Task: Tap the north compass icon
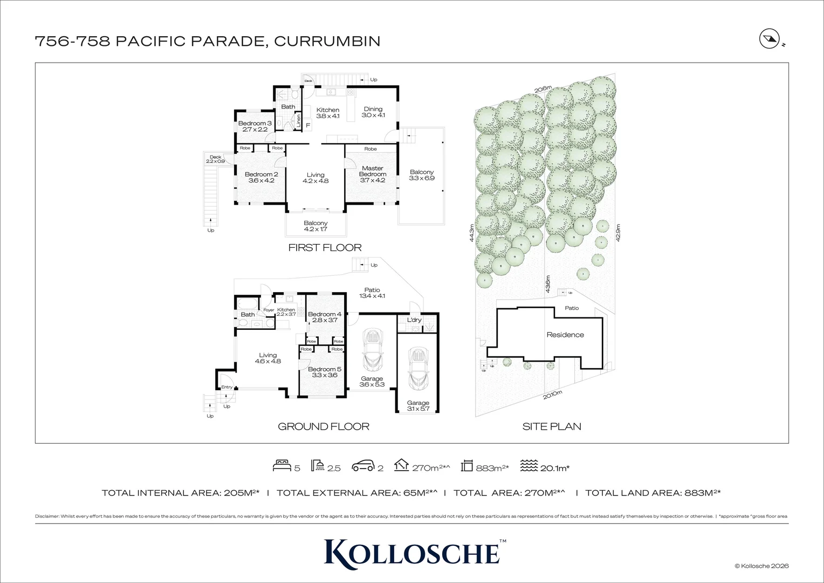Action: (767, 39)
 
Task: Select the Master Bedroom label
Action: (372, 171)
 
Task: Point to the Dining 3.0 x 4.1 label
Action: (373, 112)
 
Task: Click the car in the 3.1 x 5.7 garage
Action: (418, 369)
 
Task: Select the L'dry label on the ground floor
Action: (414, 320)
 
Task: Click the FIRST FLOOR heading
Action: (325, 248)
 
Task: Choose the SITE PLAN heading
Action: (551, 426)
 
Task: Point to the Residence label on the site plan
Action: (565, 335)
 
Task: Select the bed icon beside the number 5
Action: (281, 465)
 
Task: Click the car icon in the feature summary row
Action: (362, 466)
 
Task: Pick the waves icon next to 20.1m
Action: (528, 465)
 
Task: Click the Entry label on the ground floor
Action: (226, 387)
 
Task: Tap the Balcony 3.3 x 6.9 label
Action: (421, 175)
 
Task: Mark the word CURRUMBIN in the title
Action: (327, 41)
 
